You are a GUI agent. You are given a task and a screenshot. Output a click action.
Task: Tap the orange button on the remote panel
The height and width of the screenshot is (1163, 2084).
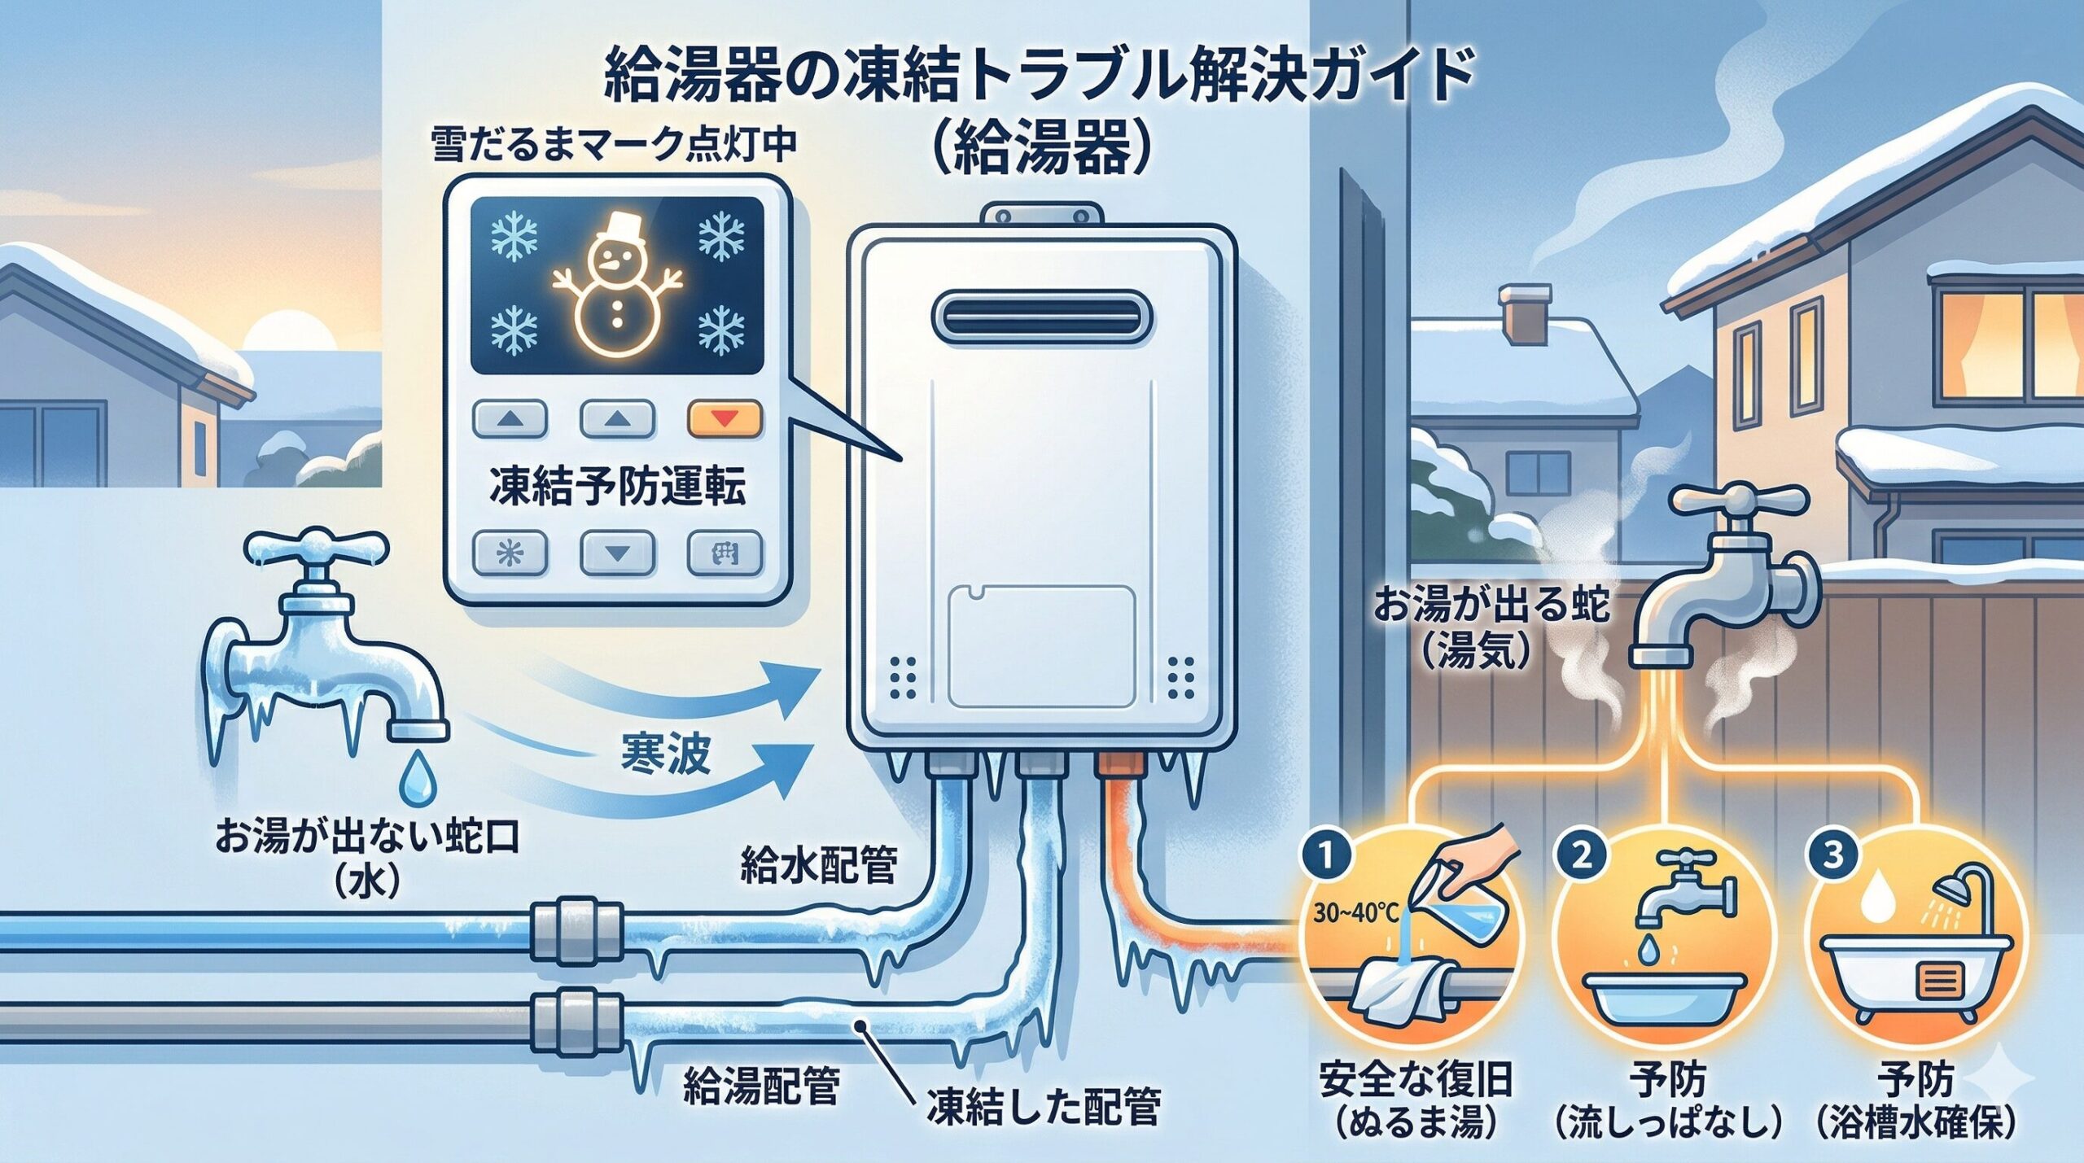(725, 419)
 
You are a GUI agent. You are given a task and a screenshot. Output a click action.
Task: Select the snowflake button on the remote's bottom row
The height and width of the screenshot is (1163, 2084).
(510, 554)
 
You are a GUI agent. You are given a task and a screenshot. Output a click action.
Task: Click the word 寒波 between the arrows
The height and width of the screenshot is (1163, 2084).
(666, 754)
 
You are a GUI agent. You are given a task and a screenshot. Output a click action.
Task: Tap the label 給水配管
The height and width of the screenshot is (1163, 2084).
(817, 865)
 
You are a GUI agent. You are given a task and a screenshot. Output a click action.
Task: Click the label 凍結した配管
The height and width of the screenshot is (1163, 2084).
(1043, 1107)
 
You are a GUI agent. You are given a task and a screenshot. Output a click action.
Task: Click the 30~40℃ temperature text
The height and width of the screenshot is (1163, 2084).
(1355, 913)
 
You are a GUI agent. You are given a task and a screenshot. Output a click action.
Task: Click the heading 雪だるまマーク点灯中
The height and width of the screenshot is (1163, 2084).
(615, 145)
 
